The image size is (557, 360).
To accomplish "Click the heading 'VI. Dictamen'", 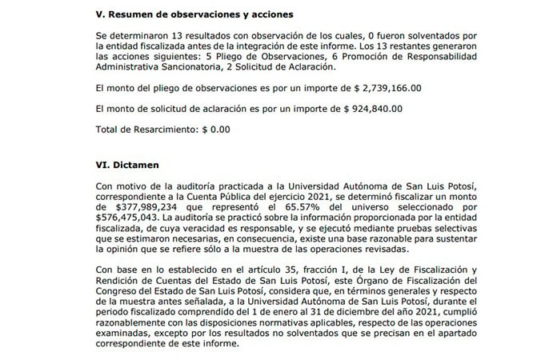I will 126,164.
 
